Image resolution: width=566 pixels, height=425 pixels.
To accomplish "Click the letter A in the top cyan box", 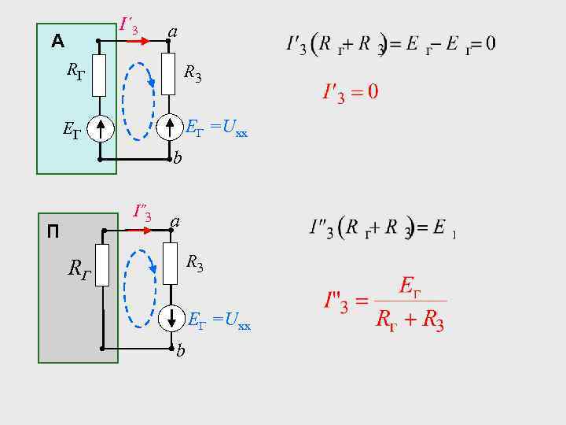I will click(57, 41).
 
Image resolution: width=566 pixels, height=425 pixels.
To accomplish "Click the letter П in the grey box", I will click(53, 231).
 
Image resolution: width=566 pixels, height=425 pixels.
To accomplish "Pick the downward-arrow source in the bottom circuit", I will click(172, 318).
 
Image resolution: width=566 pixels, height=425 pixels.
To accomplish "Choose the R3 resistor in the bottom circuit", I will click(172, 264).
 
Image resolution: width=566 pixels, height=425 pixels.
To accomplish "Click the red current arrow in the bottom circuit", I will click(142, 230).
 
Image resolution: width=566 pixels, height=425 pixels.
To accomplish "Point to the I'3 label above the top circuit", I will click(129, 27).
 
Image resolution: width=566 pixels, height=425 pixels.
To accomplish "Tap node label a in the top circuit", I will click(172, 31).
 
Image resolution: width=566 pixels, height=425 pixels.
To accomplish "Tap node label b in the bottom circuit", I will click(181, 351).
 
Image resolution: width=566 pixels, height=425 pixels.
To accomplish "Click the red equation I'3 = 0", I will click(351, 92).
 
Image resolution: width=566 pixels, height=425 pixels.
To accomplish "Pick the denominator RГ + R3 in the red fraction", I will click(410, 320).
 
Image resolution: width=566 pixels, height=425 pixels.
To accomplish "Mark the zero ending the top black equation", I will click(490, 42).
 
